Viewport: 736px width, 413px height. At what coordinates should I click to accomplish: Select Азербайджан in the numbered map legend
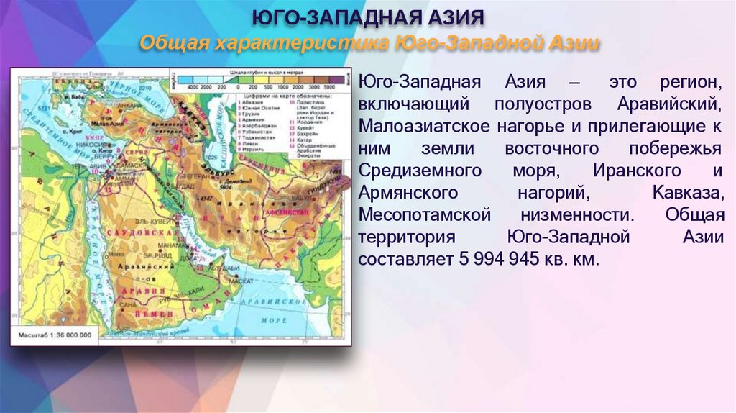coord(256,115)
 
